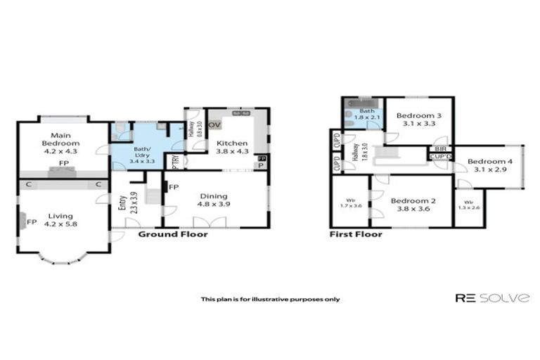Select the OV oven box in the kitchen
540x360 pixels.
(214, 125)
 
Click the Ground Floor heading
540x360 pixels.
(173, 234)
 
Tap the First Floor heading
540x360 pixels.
(356, 234)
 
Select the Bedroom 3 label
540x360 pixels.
(418, 116)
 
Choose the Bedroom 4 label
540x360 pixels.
(490, 161)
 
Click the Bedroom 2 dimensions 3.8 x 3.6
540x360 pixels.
(413, 209)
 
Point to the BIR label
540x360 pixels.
(441, 149)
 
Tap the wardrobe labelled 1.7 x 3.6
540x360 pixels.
(347, 205)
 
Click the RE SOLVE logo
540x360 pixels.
(491, 298)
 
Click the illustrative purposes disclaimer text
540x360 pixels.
(270, 299)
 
